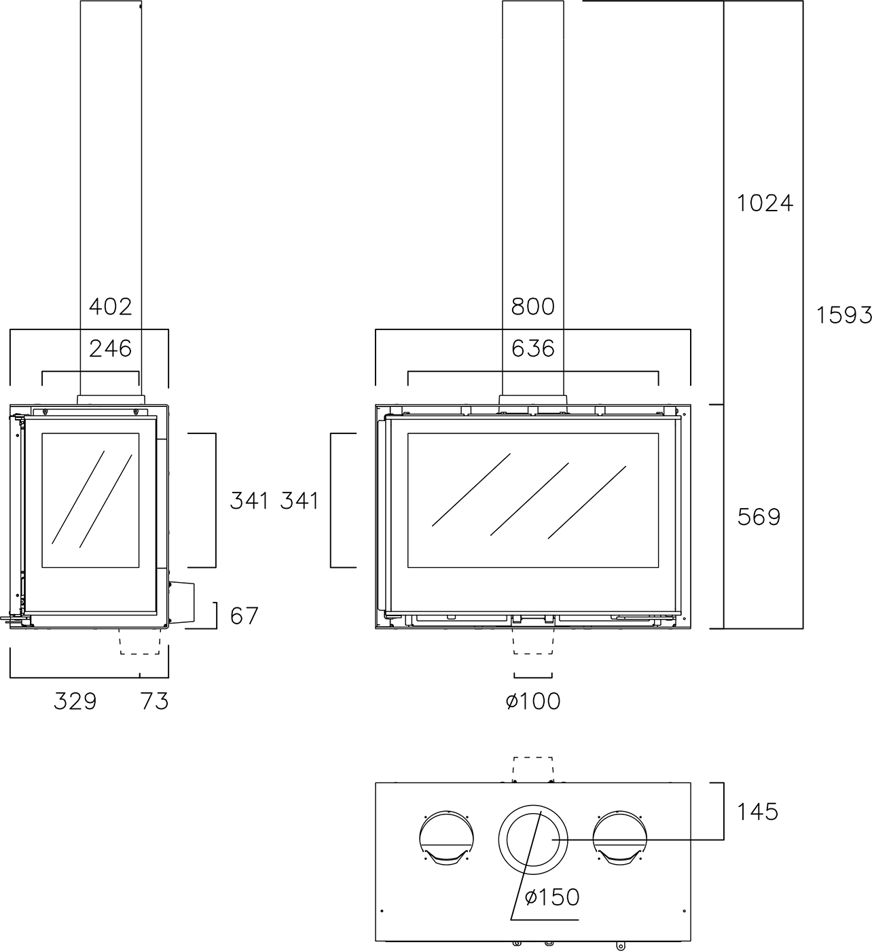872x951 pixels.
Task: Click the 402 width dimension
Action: tap(111, 307)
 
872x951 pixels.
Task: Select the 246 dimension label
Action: tap(111, 349)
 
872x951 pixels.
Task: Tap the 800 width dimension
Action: tap(533, 307)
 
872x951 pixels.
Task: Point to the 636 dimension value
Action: tap(533, 349)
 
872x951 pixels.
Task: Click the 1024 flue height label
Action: tap(765, 203)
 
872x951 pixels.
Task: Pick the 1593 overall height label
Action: tap(843, 315)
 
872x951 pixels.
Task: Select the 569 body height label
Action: tap(759, 517)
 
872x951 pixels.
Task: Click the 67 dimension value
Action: tap(244, 616)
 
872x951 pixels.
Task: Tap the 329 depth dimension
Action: tap(75, 701)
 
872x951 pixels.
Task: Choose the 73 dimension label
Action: tap(155, 701)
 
